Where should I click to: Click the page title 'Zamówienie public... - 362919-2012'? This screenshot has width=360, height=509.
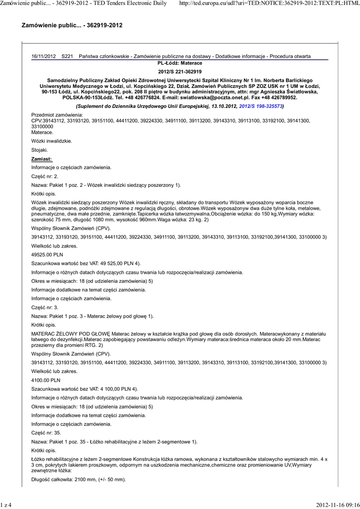tap(72, 25)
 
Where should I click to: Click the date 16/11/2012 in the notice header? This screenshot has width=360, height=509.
tap(43, 57)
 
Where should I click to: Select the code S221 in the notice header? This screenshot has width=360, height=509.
tap(67, 57)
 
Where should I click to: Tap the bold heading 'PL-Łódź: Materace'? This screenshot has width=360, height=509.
tap(180, 64)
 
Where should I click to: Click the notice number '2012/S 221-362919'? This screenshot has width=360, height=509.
tap(180, 72)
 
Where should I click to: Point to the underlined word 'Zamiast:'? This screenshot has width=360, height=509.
tap(42, 159)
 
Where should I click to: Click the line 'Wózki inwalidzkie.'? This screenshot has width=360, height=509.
tap(52, 141)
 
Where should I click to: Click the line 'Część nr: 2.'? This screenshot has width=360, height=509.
tap(45, 176)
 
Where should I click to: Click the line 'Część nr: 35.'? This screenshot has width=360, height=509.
tap(46, 432)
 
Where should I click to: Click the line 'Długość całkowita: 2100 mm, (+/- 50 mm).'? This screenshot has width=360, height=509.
tap(79, 480)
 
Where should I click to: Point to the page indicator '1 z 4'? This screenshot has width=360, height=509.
tap(6, 505)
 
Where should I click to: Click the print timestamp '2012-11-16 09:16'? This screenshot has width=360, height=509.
tap(338, 505)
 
